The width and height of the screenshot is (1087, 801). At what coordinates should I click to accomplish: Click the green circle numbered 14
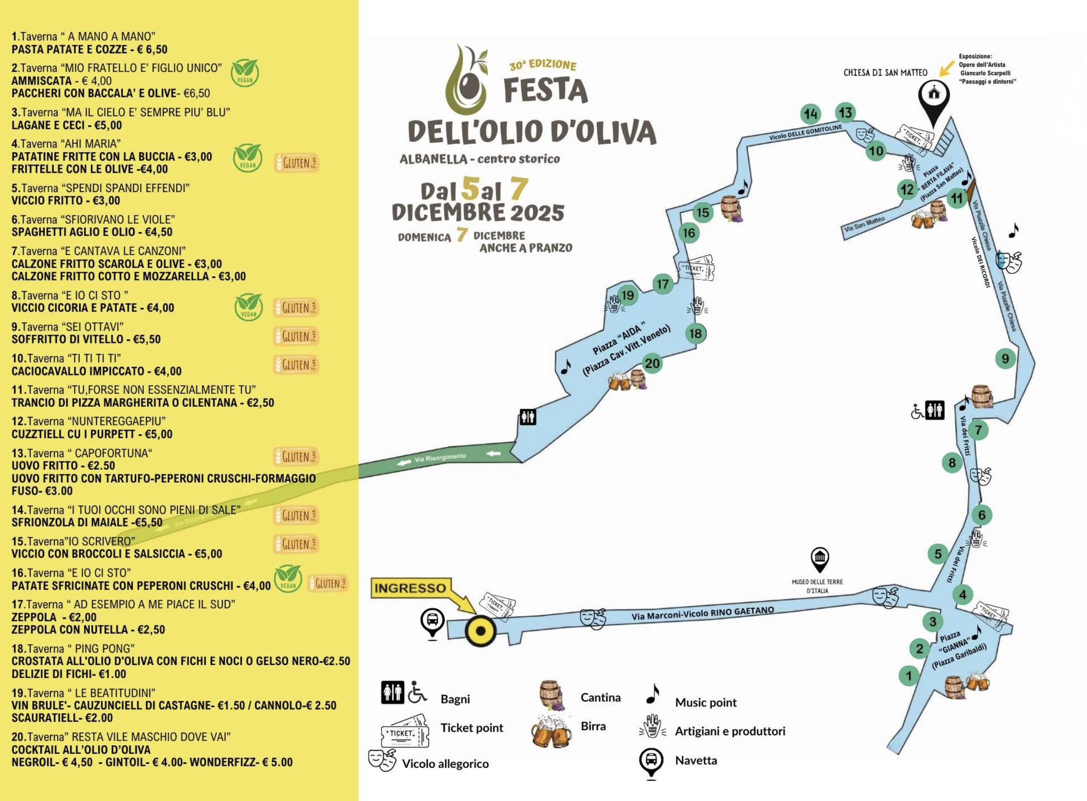[x=810, y=114]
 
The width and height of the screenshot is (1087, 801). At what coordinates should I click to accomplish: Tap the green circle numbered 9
[x=1005, y=359]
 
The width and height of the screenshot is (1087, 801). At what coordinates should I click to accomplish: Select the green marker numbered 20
[x=652, y=364]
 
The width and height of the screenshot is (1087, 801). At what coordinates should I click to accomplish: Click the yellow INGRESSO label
[x=410, y=588]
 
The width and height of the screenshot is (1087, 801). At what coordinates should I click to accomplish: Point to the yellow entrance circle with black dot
[x=480, y=631]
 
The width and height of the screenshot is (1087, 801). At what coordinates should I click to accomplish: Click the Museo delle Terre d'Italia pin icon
[x=820, y=559]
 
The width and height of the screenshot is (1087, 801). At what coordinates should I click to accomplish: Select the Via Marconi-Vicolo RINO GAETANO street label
[x=703, y=613]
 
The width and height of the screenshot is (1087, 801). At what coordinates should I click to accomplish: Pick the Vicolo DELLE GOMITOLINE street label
[x=805, y=133]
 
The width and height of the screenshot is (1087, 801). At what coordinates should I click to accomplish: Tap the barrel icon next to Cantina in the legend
[x=550, y=694]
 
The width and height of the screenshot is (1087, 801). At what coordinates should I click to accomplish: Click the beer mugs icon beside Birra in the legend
[x=551, y=731]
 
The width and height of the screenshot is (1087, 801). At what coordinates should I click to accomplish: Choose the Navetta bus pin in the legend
[x=651, y=762]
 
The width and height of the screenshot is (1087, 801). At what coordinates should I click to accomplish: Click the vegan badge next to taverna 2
[x=245, y=73]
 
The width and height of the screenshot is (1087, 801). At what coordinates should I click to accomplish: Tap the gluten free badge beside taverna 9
[x=296, y=336]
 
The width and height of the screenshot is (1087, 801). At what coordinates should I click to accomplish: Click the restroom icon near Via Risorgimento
[x=528, y=417]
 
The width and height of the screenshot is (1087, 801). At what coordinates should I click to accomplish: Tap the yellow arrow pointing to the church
[x=946, y=68]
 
